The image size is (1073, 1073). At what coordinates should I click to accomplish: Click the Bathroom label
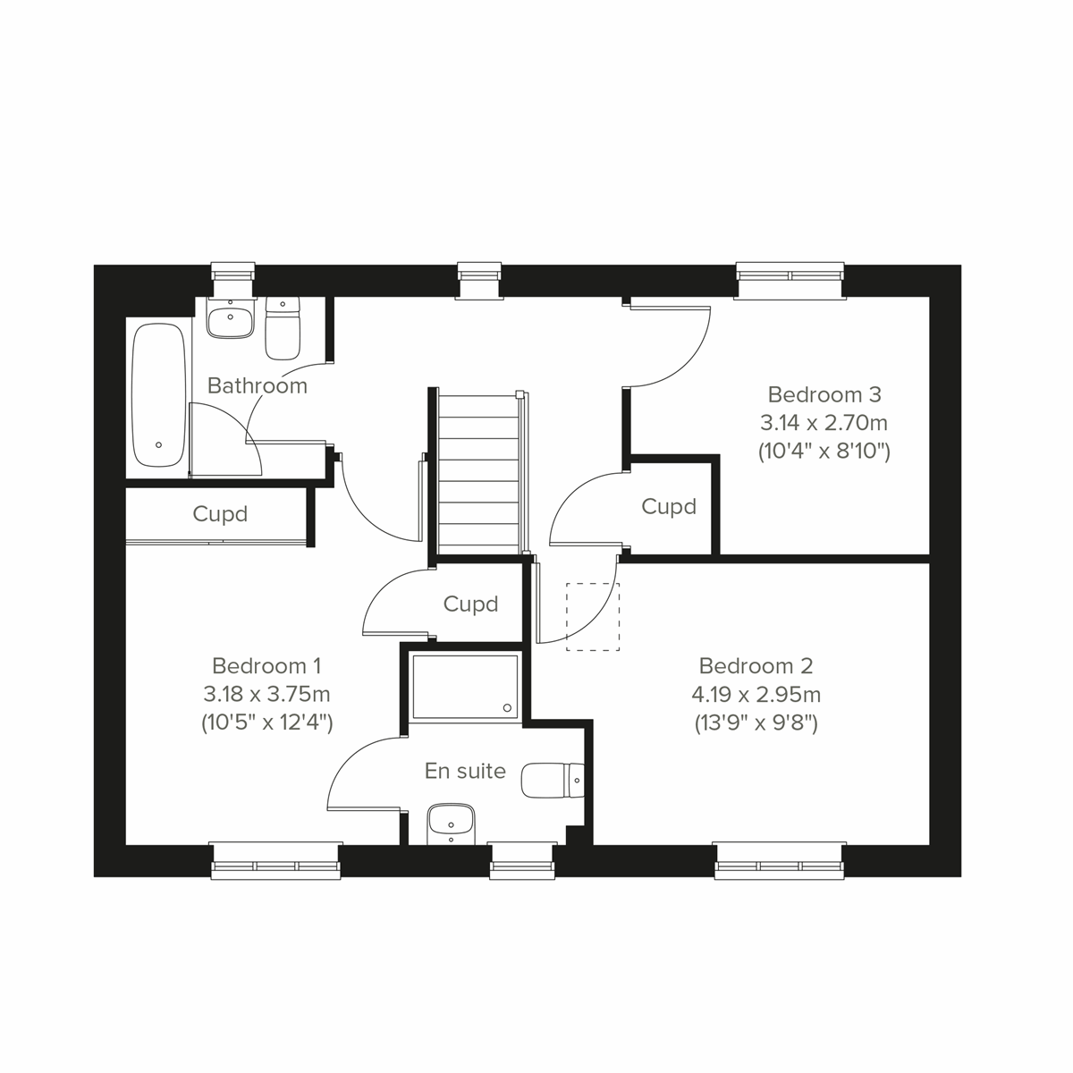(x=257, y=385)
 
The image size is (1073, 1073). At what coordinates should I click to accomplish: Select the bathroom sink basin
(x=230, y=317)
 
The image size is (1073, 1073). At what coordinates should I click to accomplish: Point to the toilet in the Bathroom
(x=283, y=327)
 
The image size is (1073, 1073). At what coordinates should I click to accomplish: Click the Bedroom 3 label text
(x=824, y=394)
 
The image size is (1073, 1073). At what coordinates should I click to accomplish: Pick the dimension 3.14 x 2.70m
(x=824, y=422)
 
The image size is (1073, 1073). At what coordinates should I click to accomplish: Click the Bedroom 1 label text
(x=266, y=666)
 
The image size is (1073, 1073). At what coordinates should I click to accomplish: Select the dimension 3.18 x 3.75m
(x=266, y=694)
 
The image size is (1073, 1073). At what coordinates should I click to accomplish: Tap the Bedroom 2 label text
(x=756, y=666)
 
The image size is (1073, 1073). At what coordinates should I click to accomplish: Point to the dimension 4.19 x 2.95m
(x=756, y=694)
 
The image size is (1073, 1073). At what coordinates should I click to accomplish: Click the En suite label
(x=465, y=771)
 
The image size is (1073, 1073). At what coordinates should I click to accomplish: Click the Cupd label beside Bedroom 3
(x=669, y=507)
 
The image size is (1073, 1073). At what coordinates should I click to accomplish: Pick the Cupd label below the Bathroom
(x=220, y=514)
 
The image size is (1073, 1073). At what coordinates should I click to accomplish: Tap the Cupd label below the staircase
(x=470, y=604)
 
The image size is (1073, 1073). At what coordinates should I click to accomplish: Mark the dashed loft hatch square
(x=593, y=616)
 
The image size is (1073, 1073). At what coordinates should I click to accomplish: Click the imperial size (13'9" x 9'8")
(x=756, y=722)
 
